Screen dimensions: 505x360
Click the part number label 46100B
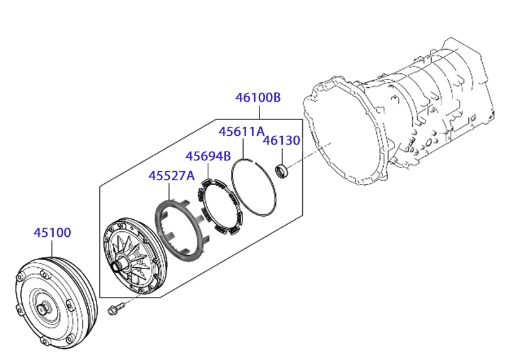(x=258, y=97)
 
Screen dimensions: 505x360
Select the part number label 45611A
(x=242, y=131)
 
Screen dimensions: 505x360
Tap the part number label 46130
(x=282, y=140)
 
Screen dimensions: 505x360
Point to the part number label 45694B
(x=208, y=156)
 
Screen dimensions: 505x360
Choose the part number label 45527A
(x=172, y=176)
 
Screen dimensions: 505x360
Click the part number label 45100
(x=52, y=232)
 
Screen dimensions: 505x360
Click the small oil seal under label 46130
(x=282, y=171)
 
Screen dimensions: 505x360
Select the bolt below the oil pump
(x=116, y=308)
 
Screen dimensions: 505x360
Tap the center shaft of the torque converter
(x=42, y=309)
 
